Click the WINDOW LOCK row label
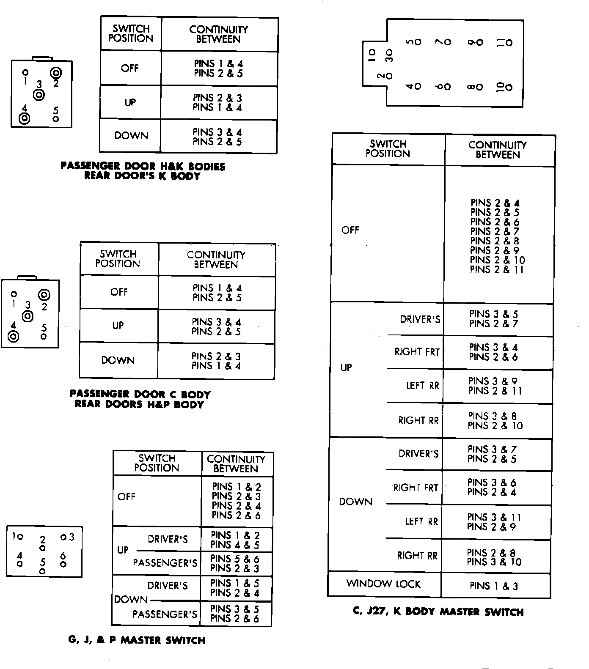pyautogui.click(x=383, y=584)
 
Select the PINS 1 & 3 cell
pyautogui.click(x=494, y=586)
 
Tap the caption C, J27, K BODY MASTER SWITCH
pyautogui.click(x=438, y=612)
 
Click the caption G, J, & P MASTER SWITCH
pyautogui.click(x=137, y=640)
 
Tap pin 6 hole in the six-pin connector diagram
pyautogui.click(x=63, y=564)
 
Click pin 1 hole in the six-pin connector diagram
pyautogui.click(x=20, y=537)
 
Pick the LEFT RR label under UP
pyautogui.click(x=422, y=386)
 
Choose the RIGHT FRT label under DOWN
pyautogui.click(x=416, y=488)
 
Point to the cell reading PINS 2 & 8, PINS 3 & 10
pyautogui.click(x=494, y=557)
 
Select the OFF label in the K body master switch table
pyautogui.click(x=350, y=230)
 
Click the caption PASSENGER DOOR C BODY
pyautogui.click(x=140, y=395)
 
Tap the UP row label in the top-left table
pyautogui.click(x=130, y=102)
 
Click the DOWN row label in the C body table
pyautogui.click(x=118, y=360)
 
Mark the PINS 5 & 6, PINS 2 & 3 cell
pyautogui.click(x=235, y=563)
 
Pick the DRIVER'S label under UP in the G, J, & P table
pyautogui.click(x=168, y=539)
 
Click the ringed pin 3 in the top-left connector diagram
pyautogui.click(x=39, y=95)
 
